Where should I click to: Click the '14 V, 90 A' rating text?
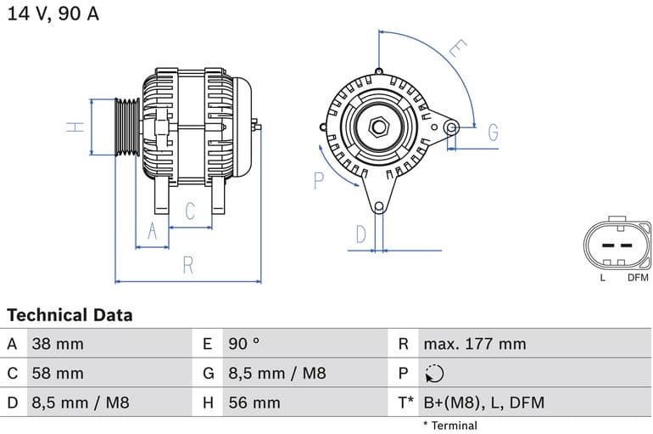coord(53,14)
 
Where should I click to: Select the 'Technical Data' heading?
coord(70,315)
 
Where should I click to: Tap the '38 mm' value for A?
coord(58,344)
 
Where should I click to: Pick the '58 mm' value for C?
coord(58,373)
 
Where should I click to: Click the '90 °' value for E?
coord(244,344)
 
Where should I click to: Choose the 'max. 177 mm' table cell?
coord(475,344)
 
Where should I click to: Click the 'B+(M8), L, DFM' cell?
coord(483,403)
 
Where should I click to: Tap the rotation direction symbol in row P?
coord(433,374)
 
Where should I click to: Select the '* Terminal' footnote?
coord(449,426)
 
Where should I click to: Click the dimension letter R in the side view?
coord(188,265)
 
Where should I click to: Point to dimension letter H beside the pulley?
coord(76,127)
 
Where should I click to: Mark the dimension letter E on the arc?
coord(456,48)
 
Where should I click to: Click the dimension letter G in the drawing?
coord(493,132)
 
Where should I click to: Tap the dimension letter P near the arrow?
coord(319,179)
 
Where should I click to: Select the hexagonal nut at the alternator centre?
coord(379,127)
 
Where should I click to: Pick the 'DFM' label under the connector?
coord(638,278)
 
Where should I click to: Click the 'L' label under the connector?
coord(602,278)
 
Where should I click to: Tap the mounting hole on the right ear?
coord(452,127)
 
